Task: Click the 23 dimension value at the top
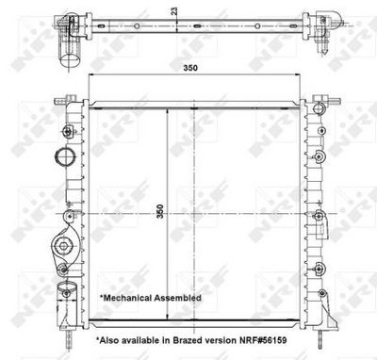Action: pyautogui.click(x=173, y=10)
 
